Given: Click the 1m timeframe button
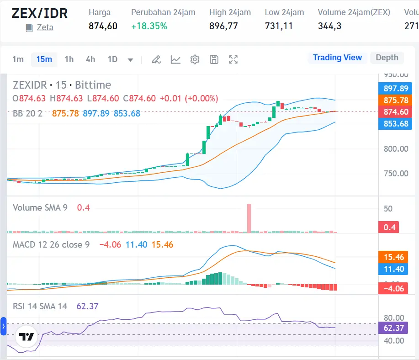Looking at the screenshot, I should (18, 59).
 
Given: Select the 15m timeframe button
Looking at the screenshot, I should (44, 59).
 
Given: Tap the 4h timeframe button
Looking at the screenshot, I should (90, 59).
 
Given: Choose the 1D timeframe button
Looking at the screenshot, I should (112, 59).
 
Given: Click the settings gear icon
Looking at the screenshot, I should (195, 59).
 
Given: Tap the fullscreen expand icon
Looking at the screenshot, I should (233, 59).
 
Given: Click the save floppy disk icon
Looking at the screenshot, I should (214, 59).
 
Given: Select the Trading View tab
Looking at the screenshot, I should (337, 58).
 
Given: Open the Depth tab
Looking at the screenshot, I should (387, 58).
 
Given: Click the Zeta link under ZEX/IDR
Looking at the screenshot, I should (45, 27).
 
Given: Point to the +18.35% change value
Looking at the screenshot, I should (149, 26).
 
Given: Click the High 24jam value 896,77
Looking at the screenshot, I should (223, 26).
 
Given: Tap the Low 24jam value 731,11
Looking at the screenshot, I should (279, 26).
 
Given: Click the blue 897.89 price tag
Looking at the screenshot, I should (395, 89).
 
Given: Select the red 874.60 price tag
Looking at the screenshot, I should (395, 112).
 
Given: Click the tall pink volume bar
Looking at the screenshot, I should (249, 218).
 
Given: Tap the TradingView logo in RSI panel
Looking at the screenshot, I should (26, 337).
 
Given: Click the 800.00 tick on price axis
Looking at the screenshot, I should (396, 149).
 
